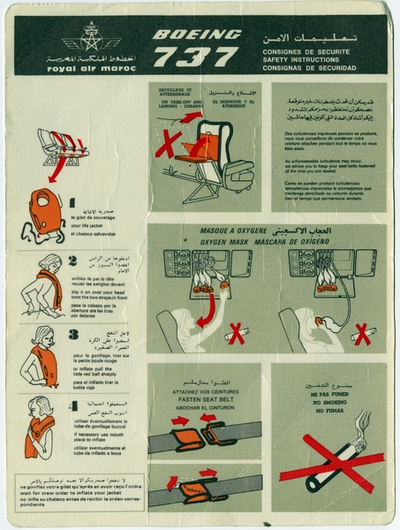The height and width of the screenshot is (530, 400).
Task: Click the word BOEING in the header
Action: (x=197, y=35)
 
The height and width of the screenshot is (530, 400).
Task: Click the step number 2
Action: (x=72, y=260)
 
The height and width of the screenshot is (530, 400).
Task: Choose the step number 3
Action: (x=72, y=336)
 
